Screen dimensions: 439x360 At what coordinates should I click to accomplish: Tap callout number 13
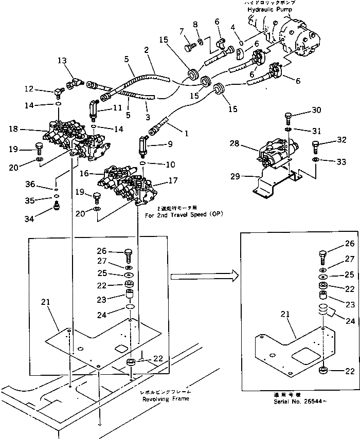coord(62,61)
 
